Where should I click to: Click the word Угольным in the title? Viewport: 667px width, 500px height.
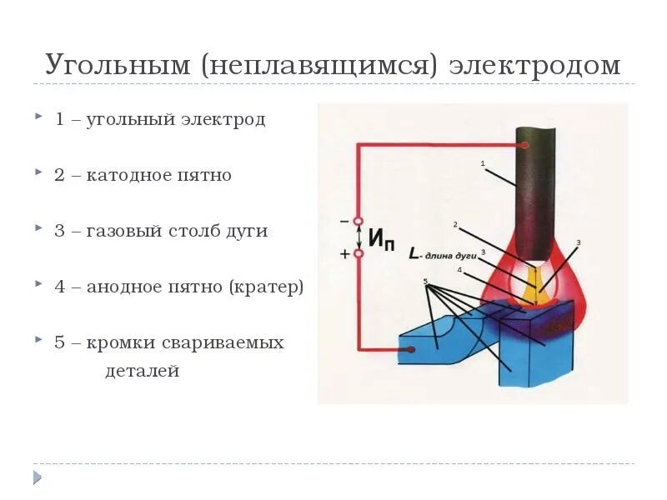pos(118,66)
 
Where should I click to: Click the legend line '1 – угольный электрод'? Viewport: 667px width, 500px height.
pos(160,119)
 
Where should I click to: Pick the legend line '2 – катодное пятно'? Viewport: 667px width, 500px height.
pos(143,176)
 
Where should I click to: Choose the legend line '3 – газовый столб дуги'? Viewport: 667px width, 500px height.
pos(161,231)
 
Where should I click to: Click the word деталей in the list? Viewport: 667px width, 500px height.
pos(143,371)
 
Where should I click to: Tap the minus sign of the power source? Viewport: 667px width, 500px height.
pos(344,222)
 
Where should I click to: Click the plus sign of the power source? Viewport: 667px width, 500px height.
pos(344,254)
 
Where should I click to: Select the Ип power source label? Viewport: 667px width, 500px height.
pos(381,240)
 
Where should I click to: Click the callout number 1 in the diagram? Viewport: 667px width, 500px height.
pos(483,164)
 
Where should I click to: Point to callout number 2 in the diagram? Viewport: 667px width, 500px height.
pos(455,224)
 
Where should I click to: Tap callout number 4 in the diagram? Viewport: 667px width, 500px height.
pos(459,269)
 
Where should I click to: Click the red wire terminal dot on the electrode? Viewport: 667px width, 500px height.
pos(527,144)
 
